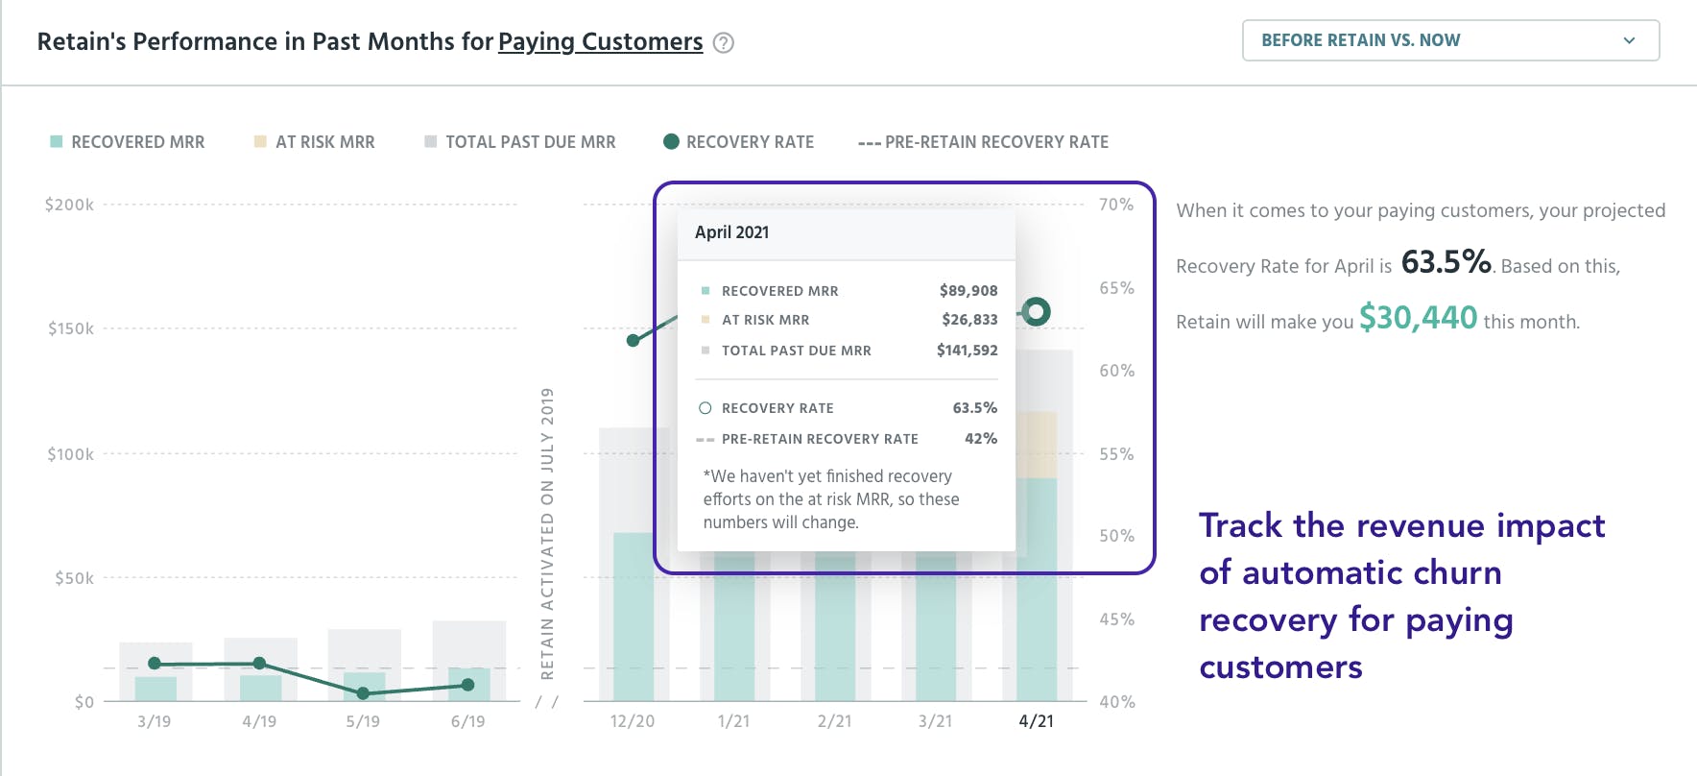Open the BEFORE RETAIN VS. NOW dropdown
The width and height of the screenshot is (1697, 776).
point(1450,40)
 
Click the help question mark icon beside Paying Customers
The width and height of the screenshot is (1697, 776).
point(724,43)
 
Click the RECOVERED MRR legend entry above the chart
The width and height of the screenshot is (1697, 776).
point(128,142)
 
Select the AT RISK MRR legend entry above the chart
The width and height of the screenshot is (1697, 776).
point(315,142)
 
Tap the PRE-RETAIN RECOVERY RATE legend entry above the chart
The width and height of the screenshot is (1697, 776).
point(983,142)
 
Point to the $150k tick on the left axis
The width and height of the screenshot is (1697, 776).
point(71,328)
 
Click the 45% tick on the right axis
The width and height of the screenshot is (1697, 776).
point(1117,619)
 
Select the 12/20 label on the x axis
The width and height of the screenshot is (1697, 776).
point(633,721)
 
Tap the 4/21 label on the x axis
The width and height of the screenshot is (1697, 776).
point(1037,721)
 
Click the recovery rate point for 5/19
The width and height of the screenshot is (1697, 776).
point(363,693)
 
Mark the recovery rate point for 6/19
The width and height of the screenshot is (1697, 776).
point(467,685)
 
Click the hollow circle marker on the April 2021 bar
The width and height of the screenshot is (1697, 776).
point(1036,311)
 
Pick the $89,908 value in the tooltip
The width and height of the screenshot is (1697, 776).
point(968,291)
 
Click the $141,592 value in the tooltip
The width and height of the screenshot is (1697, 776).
point(968,351)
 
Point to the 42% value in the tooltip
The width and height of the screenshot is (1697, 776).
point(981,439)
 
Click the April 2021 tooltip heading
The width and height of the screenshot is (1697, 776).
point(731,232)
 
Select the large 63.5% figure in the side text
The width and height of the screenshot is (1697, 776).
point(1446,261)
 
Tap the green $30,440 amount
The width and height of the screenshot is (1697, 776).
point(1419,318)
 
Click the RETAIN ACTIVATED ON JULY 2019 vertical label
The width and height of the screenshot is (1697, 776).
point(547,533)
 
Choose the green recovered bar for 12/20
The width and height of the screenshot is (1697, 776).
point(633,617)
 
